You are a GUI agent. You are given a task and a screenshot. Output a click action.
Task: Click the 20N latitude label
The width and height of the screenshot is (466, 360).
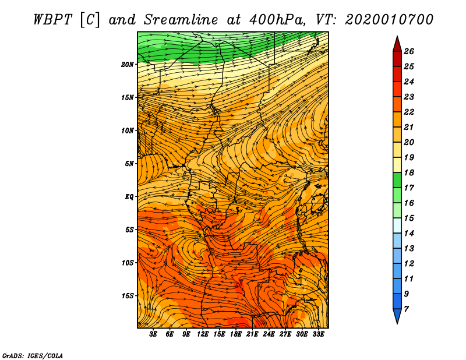tap(127, 65)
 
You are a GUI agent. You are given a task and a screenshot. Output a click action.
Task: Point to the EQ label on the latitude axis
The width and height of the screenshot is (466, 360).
tap(129, 197)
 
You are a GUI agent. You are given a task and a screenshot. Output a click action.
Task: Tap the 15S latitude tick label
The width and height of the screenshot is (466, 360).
tap(127, 296)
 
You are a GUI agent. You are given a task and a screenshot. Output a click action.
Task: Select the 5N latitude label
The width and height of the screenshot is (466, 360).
tap(129, 164)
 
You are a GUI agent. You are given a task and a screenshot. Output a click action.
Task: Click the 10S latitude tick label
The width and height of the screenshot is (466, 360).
tap(127, 263)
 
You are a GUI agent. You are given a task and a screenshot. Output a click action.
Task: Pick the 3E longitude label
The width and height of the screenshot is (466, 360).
tap(153, 334)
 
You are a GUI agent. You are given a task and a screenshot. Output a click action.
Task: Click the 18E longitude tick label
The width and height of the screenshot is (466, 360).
tap(236, 334)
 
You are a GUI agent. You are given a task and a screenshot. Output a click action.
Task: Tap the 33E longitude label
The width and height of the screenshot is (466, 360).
tap(318, 334)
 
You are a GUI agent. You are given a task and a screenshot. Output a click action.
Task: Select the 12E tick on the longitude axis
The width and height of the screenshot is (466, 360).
tap(202, 334)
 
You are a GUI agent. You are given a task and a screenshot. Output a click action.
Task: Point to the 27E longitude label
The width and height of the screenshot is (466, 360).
tap(285, 334)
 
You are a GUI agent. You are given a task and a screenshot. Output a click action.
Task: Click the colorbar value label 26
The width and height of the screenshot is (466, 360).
tap(409, 51)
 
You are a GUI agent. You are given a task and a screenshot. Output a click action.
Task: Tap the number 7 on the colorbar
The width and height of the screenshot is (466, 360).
tap(406, 309)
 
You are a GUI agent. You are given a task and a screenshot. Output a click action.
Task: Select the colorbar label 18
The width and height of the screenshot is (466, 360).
tap(409, 172)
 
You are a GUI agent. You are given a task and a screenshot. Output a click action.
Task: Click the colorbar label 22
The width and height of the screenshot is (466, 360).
tap(409, 112)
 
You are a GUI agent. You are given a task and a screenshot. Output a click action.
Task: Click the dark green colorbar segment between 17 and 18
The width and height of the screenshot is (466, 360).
tap(397, 180)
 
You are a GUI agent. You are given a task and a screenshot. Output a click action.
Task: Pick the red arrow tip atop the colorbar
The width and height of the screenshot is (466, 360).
tap(397, 37)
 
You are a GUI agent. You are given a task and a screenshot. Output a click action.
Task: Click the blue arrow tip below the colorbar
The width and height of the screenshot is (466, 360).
tap(397, 323)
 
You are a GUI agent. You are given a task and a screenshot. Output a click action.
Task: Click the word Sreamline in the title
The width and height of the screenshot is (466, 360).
tap(181, 20)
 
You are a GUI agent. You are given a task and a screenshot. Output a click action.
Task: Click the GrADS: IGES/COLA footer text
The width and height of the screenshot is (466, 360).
tap(33, 355)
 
